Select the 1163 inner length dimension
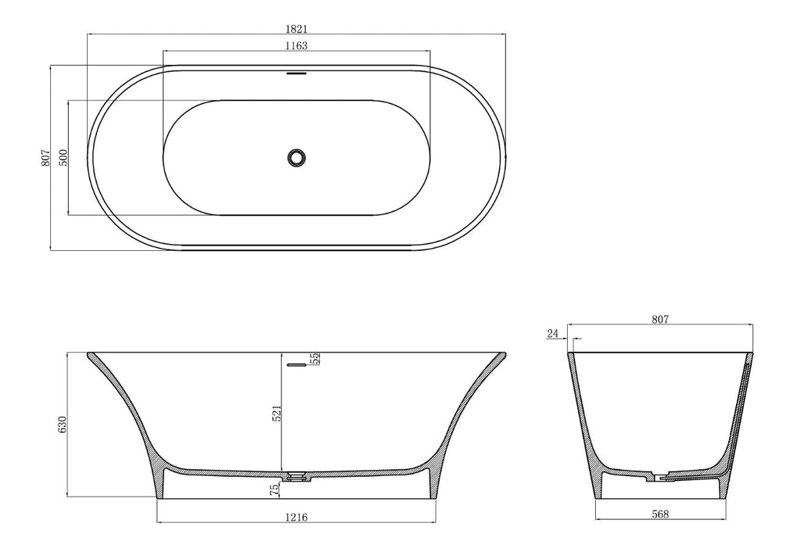click(296, 45)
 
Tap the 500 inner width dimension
click(63, 157)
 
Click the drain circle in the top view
click(296, 157)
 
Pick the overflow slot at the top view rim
click(296, 74)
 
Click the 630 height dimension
click(63, 424)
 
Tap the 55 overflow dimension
click(314, 359)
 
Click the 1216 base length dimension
click(296, 516)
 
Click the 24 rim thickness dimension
click(553, 333)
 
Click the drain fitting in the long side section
click(296, 475)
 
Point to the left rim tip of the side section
click(88, 354)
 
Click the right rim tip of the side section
click(503, 354)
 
